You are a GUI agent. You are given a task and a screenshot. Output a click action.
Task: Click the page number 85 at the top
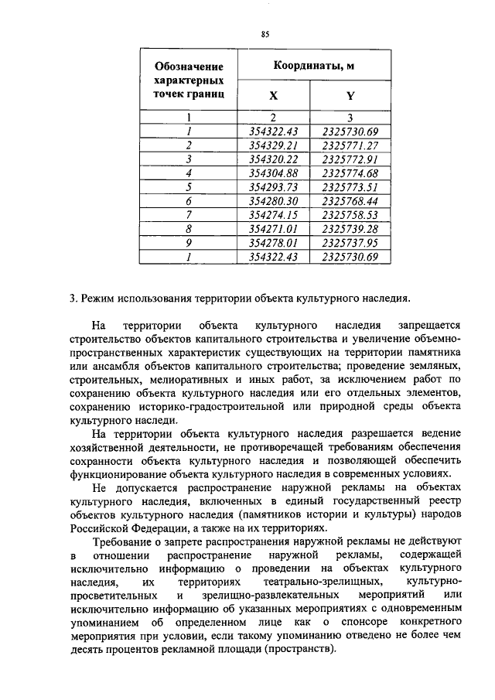tap(265, 34)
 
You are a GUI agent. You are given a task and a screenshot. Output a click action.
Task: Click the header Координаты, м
tap(312, 67)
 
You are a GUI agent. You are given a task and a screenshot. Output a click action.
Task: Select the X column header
tap(273, 97)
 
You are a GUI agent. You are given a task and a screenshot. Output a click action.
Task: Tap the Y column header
tap(350, 97)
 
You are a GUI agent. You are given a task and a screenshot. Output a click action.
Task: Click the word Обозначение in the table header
tap(189, 67)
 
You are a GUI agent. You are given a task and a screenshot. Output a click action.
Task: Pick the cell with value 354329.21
tap(274, 145)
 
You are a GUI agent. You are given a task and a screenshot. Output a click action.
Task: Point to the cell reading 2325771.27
tap(350, 145)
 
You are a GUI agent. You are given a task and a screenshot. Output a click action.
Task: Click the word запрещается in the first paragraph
tap(429, 325)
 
